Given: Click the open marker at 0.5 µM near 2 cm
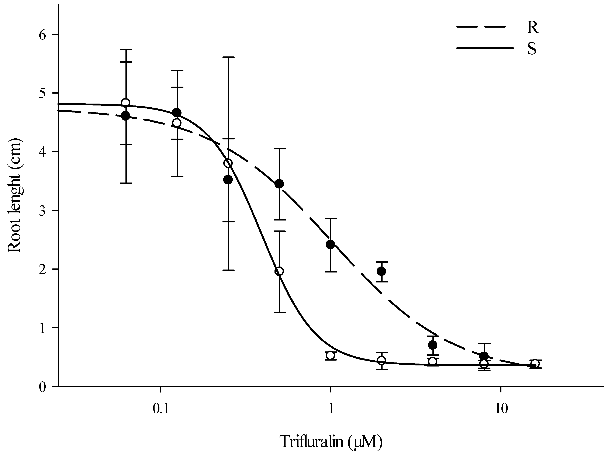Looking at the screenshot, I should pyautogui.click(x=279, y=271).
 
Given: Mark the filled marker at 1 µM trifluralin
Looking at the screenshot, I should pyautogui.click(x=330, y=244).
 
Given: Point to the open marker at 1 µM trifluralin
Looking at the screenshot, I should pyautogui.click(x=330, y=355).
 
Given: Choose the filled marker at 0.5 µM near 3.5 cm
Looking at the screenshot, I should pyautogui.click(x=279, y=184).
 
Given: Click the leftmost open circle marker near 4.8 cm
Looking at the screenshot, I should pyautogui.click(x=126, y=103).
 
